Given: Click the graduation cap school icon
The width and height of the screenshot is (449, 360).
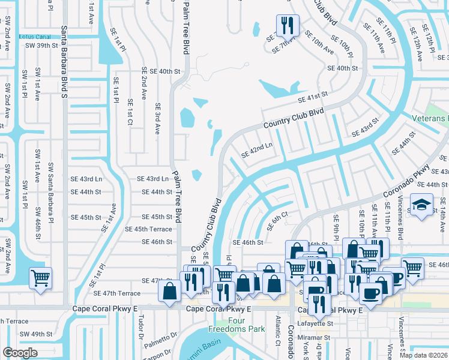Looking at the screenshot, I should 421,205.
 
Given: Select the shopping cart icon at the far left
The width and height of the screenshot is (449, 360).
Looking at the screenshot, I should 41,277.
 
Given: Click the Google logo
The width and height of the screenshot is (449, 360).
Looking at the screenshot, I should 20,353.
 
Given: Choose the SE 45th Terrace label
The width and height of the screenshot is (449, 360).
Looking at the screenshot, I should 148,229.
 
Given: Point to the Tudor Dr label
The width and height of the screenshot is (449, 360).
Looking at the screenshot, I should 142,327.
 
